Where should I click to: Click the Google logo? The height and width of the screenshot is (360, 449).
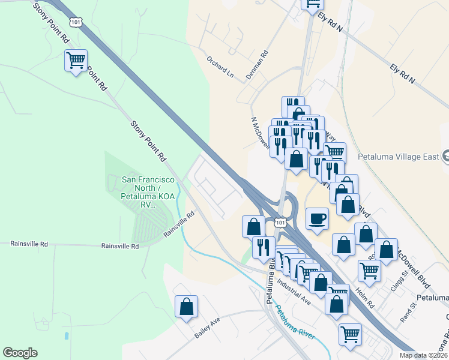click(x=20, y=353)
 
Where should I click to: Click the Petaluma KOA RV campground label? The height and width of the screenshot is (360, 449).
click(x=148, y=192)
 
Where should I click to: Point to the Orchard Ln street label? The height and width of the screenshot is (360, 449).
click(x=220, y=64)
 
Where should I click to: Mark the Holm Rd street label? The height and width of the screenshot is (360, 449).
click(x=365, y=297)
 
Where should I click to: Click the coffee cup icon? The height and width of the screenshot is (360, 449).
click(x=317, y=218)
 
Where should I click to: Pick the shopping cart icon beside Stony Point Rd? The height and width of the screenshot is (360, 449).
click(x=76, y=61)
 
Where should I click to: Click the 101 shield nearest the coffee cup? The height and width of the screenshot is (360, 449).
click(x=280, y=223)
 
